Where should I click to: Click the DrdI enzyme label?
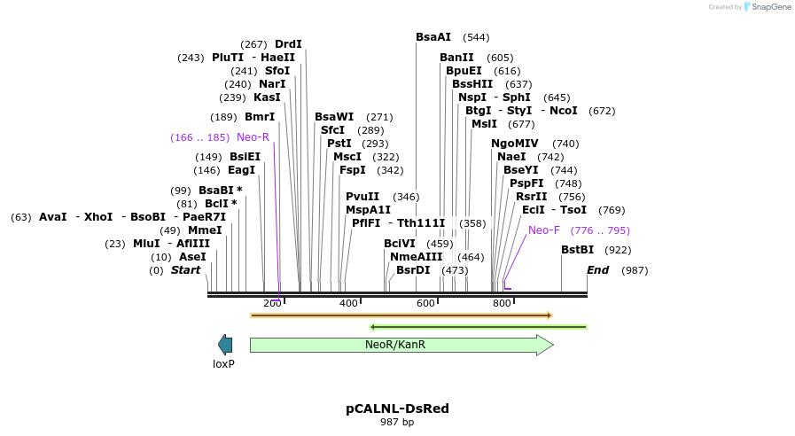tap(288, 44)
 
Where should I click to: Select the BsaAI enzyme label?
tap(433, 37)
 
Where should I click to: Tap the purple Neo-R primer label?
tap(253, 137)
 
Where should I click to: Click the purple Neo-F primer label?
tap(544, 230)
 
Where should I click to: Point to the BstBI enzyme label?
tap(577, 250)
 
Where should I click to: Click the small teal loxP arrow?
tap(225, 345)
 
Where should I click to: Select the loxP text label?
tap(223, 364)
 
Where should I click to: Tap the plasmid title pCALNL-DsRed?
tap(397, 409)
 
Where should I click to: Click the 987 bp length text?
tap(397, 423)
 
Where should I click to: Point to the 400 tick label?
tap(348, 304)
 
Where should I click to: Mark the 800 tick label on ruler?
tap(502, 304)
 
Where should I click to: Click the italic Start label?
tap(186, 270)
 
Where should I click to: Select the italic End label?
tap(597, 270)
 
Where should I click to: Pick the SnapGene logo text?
tap(768, 7)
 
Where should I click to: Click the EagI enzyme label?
tap(241, 170)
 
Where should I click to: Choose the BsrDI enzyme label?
tap(413, 270)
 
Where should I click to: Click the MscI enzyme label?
tap(347, 157)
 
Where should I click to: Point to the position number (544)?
tap(476, 38)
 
